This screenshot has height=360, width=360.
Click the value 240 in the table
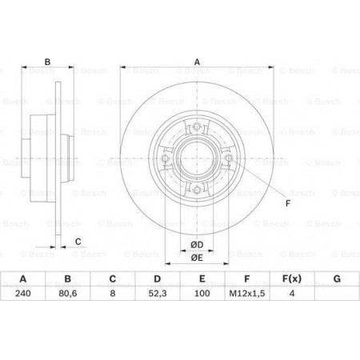[23, 294]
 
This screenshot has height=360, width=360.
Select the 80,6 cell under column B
[68, 294]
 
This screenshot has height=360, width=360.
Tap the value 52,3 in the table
[158, 294]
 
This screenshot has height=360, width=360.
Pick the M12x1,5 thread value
[247, 294]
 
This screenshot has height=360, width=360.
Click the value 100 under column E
[202, 294]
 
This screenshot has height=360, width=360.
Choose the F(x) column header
[292, 279]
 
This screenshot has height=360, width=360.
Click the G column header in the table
[337, 279]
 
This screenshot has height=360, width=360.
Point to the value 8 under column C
[113, 294]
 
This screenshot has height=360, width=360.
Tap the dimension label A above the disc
[197, 62]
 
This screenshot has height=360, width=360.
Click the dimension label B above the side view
[47, 62]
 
